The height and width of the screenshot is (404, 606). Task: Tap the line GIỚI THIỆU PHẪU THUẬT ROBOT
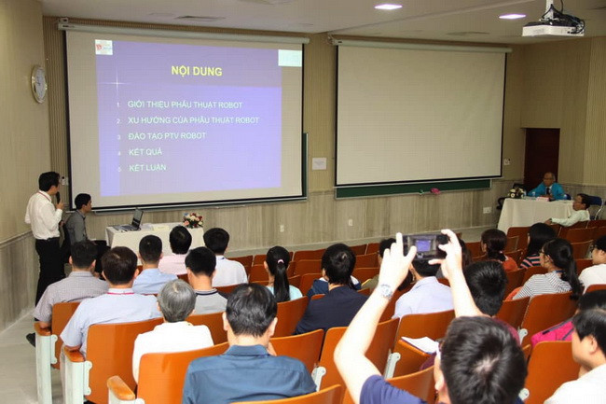(185, 104)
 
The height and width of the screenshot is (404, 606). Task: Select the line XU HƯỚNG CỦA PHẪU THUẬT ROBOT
(193, 120)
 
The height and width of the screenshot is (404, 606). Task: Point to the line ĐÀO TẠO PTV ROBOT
(167, 136)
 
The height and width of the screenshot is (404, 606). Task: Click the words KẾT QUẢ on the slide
(145, 152)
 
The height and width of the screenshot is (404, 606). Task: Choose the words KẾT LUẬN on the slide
(147, 168)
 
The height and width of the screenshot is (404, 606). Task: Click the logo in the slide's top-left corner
(103, 48)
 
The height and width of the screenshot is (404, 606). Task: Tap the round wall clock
(38, 84)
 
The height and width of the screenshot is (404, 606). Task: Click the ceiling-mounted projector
(553, 24)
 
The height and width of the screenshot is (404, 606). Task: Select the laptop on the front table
(131, 222)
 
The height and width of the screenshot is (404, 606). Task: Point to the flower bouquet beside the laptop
(193, 219)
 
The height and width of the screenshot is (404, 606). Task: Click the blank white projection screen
(420, 114)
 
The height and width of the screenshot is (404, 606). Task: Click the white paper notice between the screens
(319, 163)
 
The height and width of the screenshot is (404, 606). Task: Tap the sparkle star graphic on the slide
(117, 83)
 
